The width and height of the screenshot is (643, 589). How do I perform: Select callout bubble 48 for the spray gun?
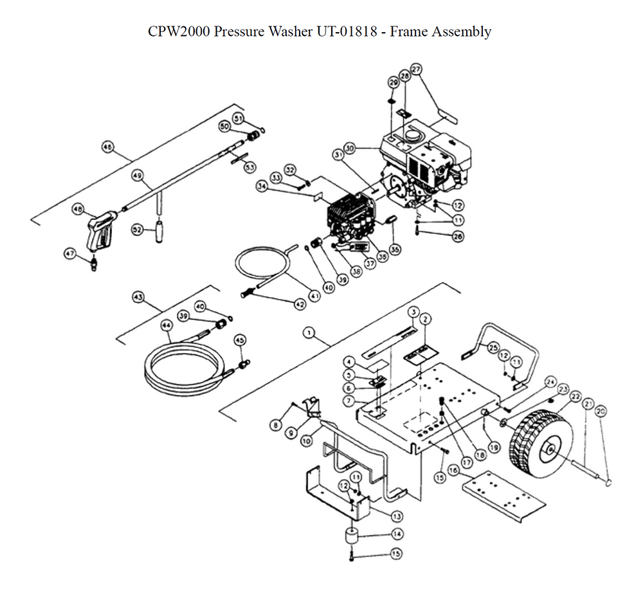pyautogui.click(x=78, y=209)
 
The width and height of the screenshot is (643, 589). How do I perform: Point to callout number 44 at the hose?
pyautogui.click(x=167, y=326)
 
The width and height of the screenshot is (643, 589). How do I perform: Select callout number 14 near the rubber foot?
pyautogui.click(x=397, y=533)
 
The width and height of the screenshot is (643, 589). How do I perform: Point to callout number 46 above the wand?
pyautogui.click(x=107, y=147)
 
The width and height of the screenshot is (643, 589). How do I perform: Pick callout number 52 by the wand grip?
pyautogui.click(x=137, y=230)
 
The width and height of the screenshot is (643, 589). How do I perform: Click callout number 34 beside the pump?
pyautogui.click(x=262, y=186)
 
